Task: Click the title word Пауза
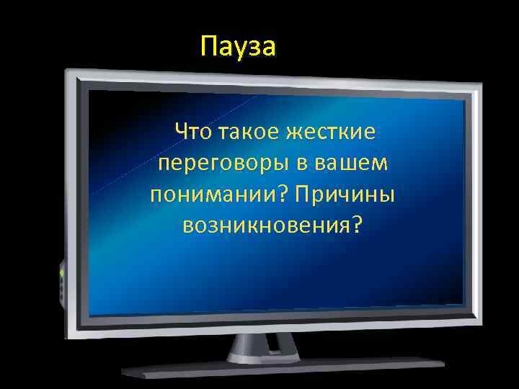tap(238, 48)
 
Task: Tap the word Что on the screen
tap(190, 132)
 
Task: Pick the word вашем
tap(352, 164)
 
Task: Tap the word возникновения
tap(264, 225)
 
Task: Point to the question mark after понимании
tap(277, 194)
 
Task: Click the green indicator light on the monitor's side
tap(61, 274)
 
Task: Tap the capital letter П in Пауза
tap(209, 48)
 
